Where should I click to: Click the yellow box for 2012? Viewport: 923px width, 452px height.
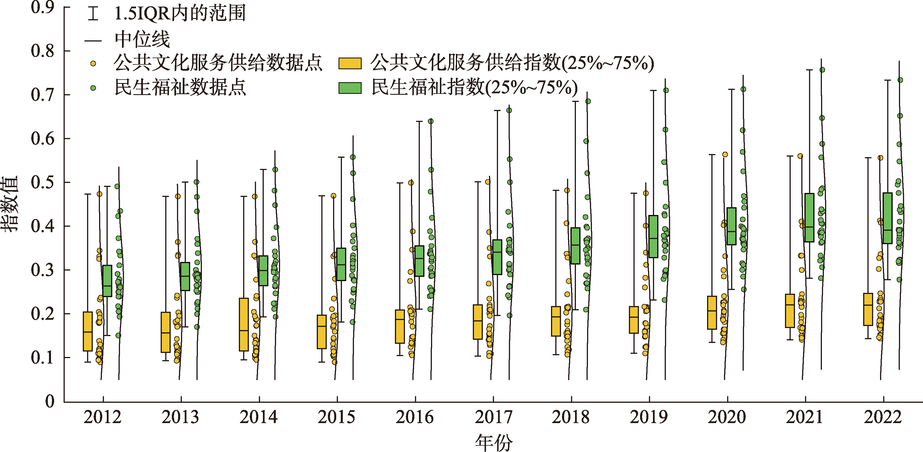[x=88, y=331]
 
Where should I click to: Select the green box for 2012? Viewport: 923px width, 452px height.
[x=107, y=281]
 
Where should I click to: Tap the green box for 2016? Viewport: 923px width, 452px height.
[x=419, y=261]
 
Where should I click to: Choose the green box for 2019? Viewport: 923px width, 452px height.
[x=653, y=236]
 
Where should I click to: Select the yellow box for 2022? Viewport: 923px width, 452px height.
[x=868, y=309]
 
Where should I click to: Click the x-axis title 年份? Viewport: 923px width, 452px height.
[x=494, y=442]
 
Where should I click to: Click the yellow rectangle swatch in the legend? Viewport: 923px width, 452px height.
[x=350, y=63]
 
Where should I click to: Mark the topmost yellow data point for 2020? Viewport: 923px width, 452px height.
[x=725, y=154]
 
